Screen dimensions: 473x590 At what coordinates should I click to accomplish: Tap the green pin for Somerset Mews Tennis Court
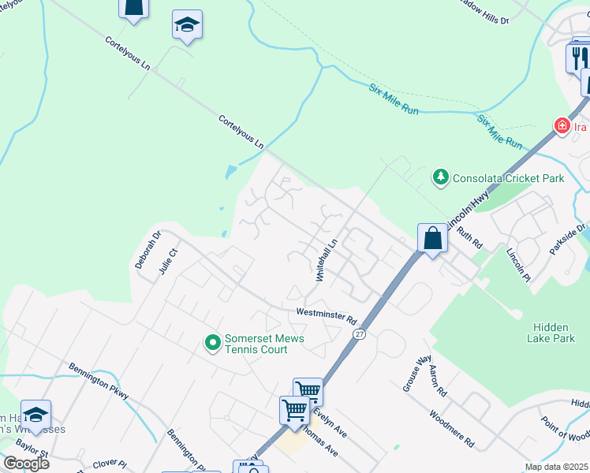tap(212, 343)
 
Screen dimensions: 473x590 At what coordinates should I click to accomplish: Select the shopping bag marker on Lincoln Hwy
tap(432, 238)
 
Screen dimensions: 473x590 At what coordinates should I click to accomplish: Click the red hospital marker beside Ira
tap(562, 126)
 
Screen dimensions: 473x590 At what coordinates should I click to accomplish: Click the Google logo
tap(26, 464)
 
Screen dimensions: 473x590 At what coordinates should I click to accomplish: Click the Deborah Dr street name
tap(147, 249)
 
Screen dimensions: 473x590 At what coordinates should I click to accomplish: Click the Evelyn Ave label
tap(330, 423)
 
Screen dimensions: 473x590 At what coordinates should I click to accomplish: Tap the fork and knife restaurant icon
tap(578, 57)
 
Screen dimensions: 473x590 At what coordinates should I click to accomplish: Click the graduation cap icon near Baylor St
tap(36, 415)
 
